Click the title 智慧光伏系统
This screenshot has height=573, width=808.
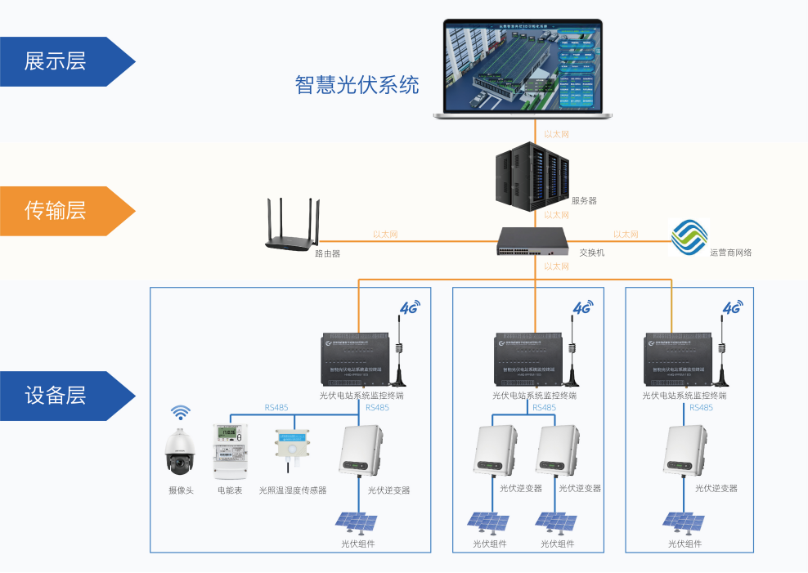pos(357,85)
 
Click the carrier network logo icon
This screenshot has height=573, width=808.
pos(689,236)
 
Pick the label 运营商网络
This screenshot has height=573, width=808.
pos(730,253)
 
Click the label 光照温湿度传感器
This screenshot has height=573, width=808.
pos(293,490)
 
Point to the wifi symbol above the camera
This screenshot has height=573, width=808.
pos(180,412)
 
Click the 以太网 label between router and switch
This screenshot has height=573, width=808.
pos(384,235)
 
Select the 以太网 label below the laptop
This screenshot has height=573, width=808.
pos(556,134)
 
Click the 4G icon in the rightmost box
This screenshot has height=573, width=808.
pos(731,307)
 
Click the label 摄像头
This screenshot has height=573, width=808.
pos(181,490)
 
